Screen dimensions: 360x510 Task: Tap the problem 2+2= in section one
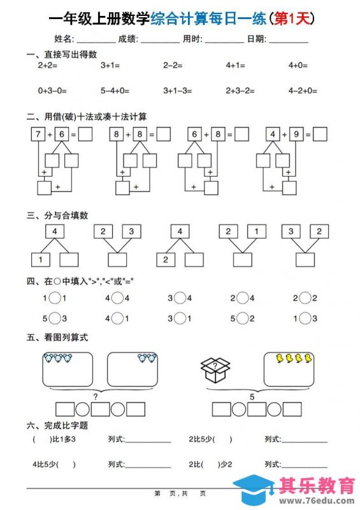48,65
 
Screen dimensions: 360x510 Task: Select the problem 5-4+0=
115,91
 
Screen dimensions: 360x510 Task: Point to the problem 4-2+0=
303,91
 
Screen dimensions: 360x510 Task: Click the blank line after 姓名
96,40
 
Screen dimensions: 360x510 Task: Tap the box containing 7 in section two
38,135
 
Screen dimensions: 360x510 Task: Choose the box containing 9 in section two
295,135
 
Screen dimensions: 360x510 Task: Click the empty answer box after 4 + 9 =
320,135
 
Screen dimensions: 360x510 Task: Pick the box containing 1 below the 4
41,259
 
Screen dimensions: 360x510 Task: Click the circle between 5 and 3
55,318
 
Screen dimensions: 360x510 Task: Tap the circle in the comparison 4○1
118,318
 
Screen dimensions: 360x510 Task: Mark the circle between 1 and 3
306,318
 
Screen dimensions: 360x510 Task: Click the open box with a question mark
215,369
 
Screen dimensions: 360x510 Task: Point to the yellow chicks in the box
294,359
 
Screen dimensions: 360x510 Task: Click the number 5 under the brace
252,397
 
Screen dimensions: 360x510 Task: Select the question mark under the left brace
96,397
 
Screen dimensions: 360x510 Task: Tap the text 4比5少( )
54,464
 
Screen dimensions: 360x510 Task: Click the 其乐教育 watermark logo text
317,486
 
